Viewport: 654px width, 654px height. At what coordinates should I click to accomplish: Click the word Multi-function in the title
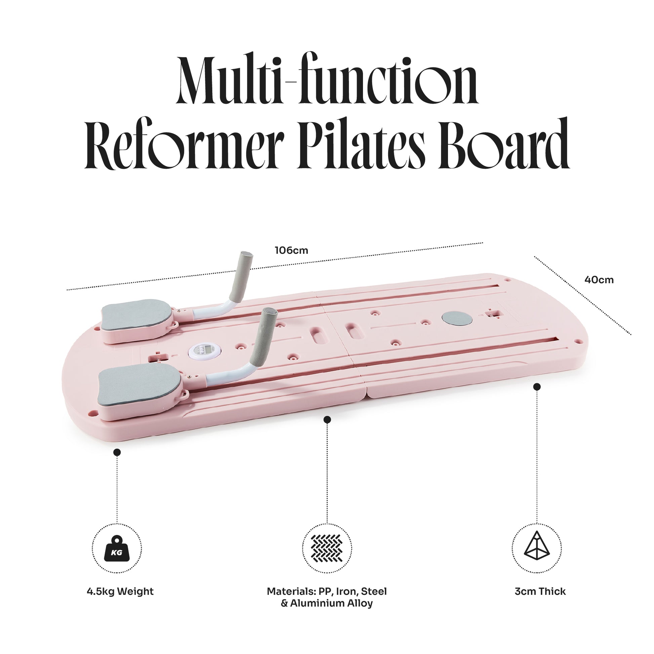click(327, 80)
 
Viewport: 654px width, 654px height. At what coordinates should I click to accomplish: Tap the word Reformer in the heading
click(185, 144)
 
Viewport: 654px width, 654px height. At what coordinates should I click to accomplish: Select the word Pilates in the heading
click(361, 144)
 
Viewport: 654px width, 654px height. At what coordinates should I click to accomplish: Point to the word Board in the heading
click(504, 144)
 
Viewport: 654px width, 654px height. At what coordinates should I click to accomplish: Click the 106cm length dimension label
click(291, 250)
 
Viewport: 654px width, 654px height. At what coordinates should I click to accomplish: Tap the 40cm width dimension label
click(599, 280)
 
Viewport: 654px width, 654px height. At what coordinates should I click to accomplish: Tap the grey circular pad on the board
click(457, 319)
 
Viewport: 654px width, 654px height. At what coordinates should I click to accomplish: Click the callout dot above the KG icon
click(117, 452)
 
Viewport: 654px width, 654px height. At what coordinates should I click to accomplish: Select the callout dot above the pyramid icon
click(536, 387)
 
